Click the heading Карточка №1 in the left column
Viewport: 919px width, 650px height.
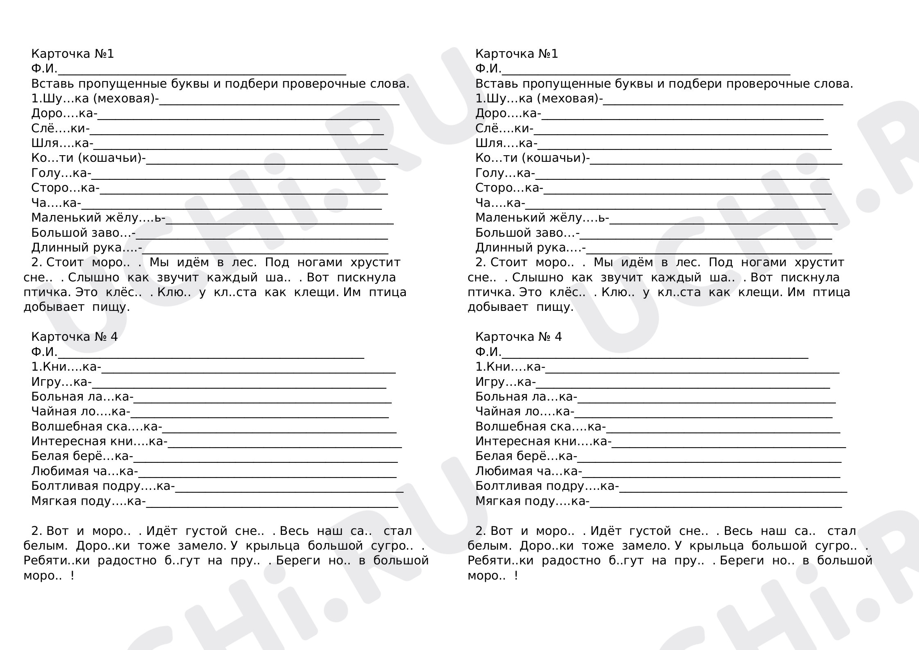pyautogui.click(x=72, y=54)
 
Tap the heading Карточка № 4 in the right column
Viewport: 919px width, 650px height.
pyautogui.click(x=518, y=337)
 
